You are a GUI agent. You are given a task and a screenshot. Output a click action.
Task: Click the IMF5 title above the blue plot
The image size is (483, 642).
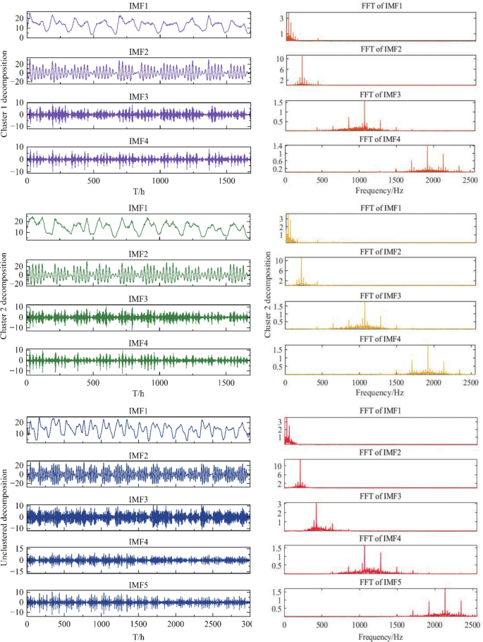[137, 585]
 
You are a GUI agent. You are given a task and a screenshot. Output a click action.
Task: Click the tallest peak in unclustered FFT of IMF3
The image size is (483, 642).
[316, 503]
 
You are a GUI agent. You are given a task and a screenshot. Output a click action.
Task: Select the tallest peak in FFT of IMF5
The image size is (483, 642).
[445, 589]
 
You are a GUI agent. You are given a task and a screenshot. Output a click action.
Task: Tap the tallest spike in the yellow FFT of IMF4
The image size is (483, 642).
[428, 345]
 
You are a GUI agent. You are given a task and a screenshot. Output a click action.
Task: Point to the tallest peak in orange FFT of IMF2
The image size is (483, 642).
[302, 56]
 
